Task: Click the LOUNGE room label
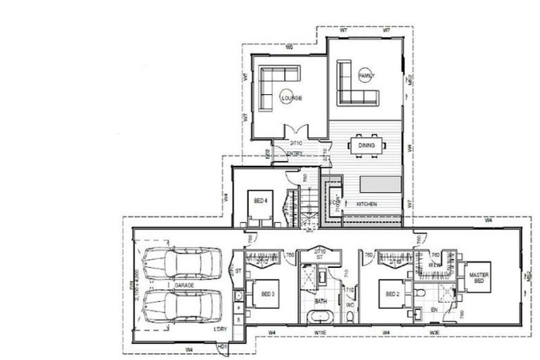pos(292,98)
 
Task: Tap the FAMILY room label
pos(367,75)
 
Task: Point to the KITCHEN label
pos(367,204)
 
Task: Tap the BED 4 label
pos(261,200)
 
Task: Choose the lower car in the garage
pos(181,304)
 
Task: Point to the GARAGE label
pos(184,285)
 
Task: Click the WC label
pos(349,305)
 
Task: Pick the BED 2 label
pos(392,294)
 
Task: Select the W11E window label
pos(321,331)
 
